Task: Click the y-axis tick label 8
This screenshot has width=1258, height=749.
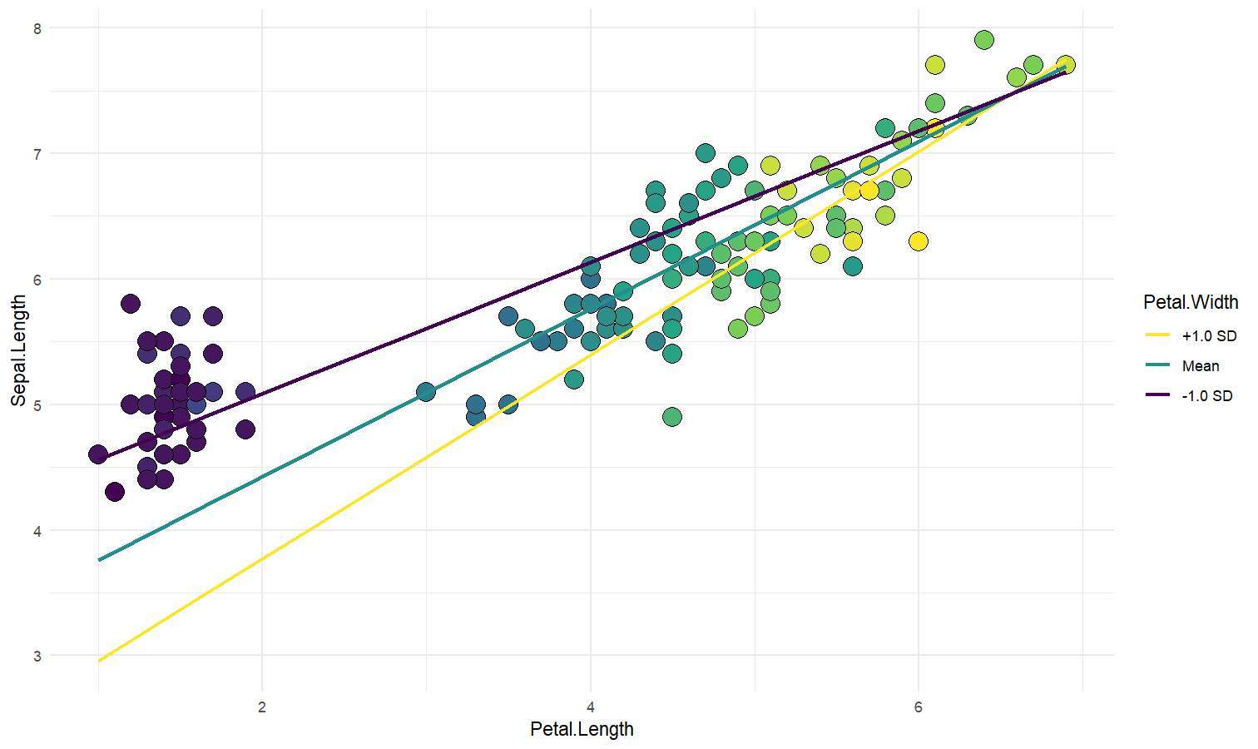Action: click(x=37, y=28)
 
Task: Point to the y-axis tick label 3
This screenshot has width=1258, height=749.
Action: click(x=37, y=657)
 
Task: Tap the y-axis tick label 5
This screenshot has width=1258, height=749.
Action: click(x=37, y=405)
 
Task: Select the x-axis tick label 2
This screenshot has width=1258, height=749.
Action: click(x=262, y=707)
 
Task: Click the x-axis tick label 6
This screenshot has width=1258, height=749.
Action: click(x=919, y=707)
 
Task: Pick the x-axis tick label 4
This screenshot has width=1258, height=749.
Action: click(x=591, y=707)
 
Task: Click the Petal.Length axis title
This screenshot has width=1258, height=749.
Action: click(x=582, y=730)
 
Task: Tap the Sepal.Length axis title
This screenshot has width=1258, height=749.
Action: click(x=19, y=351)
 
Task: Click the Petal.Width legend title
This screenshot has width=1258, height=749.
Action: click(x=1191, y=302)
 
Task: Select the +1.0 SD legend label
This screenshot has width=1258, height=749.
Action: click(x=1209, y=336)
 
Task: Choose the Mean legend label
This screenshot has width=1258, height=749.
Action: click(x=1201, y=366)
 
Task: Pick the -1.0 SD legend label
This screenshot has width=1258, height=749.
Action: click(x=1207, y=396)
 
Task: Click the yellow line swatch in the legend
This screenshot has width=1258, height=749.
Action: click(x=1158, y=336)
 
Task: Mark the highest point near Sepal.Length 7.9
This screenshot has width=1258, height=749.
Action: click(x=984, y=40)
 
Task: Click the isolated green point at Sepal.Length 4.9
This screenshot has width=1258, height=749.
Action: click(x=672, y=417)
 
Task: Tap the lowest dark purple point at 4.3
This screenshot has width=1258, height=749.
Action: click(x=115, y=492)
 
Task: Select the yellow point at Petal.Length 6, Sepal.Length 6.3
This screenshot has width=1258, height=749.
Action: click(x=919, y=241)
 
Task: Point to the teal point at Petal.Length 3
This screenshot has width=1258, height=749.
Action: click(x=426, y=392)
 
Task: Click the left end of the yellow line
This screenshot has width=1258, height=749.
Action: click(x=100, y=661)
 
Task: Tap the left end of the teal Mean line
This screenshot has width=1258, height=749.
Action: click(x=100, y=560)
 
